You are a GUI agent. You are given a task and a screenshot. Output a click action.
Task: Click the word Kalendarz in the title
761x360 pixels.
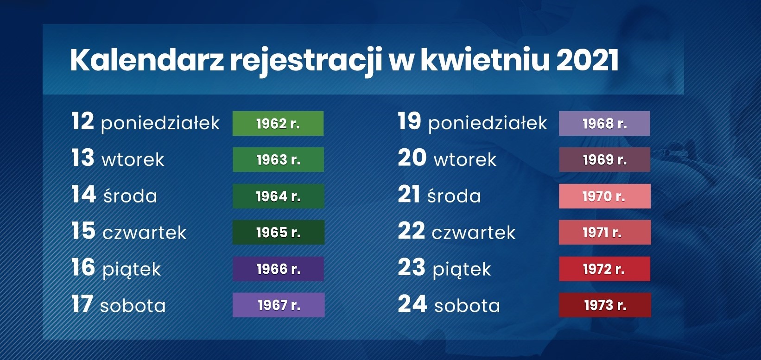click(x=147, y=60)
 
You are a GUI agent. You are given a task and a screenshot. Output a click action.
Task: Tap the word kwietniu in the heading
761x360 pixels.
click(x=485, y=60)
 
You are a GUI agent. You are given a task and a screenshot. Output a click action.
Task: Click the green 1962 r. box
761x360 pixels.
click(x=278, y=123)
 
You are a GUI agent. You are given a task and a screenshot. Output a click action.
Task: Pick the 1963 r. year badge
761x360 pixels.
click(x=278, y=160)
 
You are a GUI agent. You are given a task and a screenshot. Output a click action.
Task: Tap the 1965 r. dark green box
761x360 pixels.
click(x=278, y=232)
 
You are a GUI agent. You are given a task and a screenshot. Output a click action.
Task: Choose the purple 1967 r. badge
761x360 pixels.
click(x=279, y=305)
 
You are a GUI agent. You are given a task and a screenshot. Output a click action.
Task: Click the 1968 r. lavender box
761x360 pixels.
click(x=604, y=123)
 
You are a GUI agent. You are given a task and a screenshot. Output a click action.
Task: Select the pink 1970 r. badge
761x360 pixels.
click(x=605, y=196)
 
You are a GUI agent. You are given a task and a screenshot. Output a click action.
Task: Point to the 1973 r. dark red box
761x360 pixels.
click(x=605, y=305)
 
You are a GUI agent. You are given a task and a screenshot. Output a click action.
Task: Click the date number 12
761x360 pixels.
click(x=82, y=121)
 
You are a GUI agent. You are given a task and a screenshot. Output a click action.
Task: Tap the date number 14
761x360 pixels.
click(x=83, y=194)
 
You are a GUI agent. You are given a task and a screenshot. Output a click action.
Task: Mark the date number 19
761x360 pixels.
click(x=409, y=121)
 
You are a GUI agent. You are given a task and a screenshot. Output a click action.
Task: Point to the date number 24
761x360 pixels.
click(x=412, y=303)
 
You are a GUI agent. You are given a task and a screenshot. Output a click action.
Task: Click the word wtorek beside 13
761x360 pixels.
click(x=133, y=160)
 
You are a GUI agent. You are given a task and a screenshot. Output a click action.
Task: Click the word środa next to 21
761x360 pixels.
click(x=454, y=196)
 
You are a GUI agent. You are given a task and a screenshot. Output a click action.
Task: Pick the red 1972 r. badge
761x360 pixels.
click(x=605, y=269)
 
